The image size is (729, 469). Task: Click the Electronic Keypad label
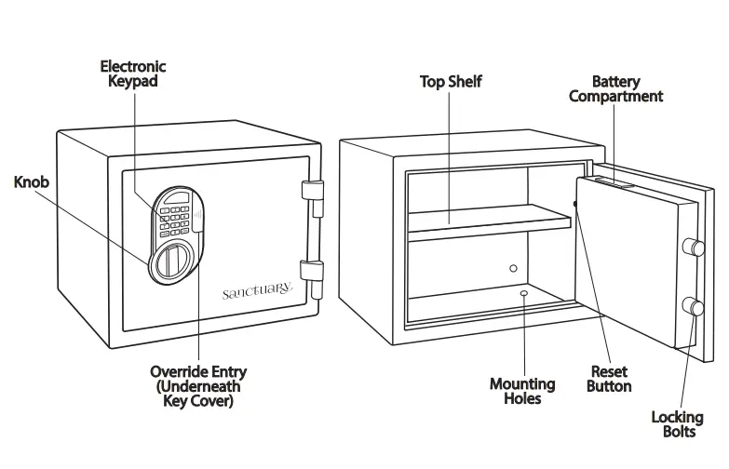133,74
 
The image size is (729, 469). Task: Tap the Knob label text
31,182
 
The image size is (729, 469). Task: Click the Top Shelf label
451,82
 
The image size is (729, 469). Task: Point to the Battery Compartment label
615,88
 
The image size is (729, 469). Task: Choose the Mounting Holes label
522,391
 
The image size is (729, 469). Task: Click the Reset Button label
609,379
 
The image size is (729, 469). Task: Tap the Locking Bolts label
677,424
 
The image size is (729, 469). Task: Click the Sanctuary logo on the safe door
257,292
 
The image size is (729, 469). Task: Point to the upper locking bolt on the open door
693,247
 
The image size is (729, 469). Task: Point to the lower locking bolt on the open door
693,307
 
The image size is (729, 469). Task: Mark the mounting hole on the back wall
513,268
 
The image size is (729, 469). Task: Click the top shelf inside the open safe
489,221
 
